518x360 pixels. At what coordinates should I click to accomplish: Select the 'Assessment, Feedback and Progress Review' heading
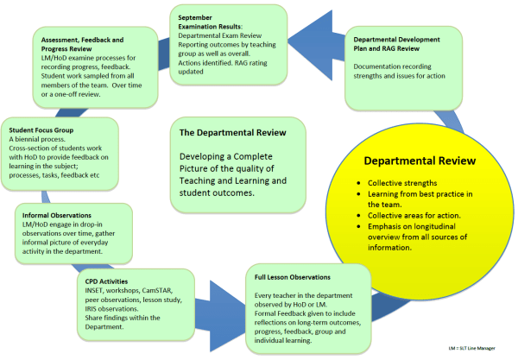pyautogui.click(x=89, y=43)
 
